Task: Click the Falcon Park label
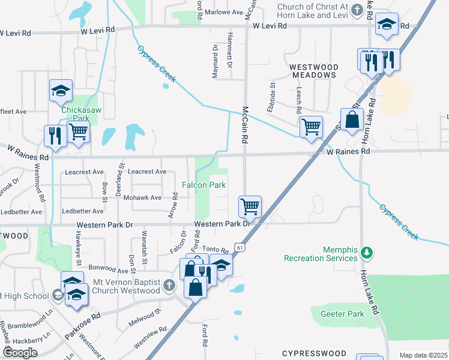(x=204, y=185)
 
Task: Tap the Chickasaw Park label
(x=80, y=110)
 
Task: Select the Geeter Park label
(x=346, y=314)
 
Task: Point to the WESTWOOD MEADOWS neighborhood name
(x=315, y=71)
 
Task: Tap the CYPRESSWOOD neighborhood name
(x=314, y=353)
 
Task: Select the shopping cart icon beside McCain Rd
(x=250, y=206)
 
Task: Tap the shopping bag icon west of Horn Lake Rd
(x=351, y=119)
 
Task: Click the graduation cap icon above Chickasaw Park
(x=61, y=91)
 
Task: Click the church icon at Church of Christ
(x=357, y=9)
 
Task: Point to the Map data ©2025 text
(x=423, y=355)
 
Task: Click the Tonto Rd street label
(x=216, y=250)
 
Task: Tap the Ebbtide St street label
(x=272, y=97)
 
